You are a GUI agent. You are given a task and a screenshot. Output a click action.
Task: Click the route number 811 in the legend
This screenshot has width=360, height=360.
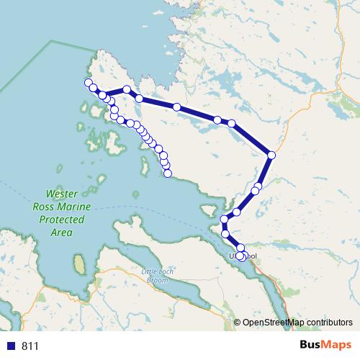30,346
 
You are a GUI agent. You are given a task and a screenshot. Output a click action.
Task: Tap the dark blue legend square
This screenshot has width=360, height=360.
10,346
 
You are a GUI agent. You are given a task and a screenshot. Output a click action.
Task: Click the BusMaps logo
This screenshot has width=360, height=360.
325,346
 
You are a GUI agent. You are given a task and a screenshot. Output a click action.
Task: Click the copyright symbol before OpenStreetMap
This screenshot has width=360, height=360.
237,323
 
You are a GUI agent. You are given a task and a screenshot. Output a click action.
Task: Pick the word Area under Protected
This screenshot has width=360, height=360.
61,233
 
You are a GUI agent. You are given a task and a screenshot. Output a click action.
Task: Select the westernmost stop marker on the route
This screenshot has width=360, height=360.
89,82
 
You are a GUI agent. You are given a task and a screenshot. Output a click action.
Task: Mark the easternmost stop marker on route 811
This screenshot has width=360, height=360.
271,155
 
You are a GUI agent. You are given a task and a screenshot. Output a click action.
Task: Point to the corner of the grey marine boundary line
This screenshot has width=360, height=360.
53,41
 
